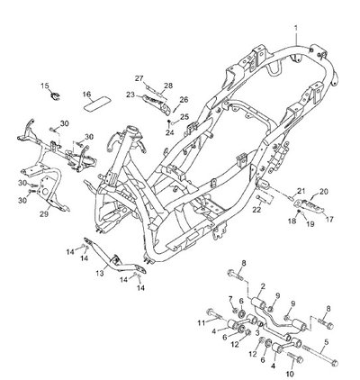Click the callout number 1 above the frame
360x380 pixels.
pos(296,29)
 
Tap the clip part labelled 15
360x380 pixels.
pos(55,95)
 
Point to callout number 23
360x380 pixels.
pos(130,95)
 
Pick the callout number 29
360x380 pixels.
pos(44,214)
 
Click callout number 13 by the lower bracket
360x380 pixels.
pos(100,273)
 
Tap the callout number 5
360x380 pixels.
pos(327,341)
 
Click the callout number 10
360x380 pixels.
pos(290,374)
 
